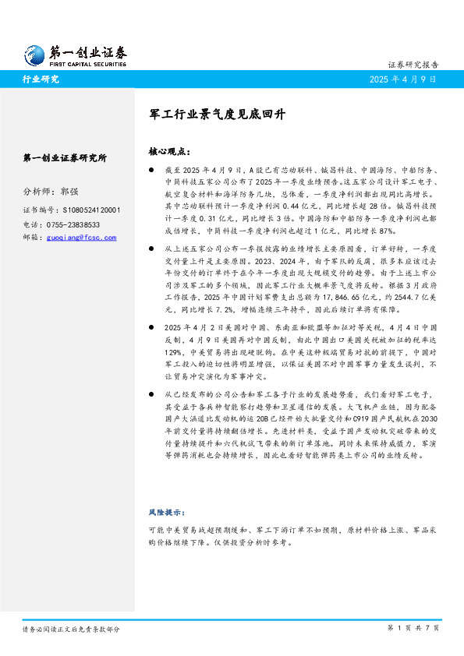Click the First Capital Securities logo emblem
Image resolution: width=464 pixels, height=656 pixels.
tap(32, 54)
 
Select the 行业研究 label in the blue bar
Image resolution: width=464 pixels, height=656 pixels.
tap(41, 79)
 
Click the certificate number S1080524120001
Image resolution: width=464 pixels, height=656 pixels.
tap(90, 210)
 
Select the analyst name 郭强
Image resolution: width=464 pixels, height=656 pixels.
tap(69, 191)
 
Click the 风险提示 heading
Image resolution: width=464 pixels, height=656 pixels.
tap(166, 513)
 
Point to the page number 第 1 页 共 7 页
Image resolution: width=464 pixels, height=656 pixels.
tap(413, 627)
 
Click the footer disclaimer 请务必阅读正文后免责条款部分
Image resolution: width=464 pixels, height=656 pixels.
tap(71, 628)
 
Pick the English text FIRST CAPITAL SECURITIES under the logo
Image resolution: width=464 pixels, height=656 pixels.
tap(88, 65)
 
